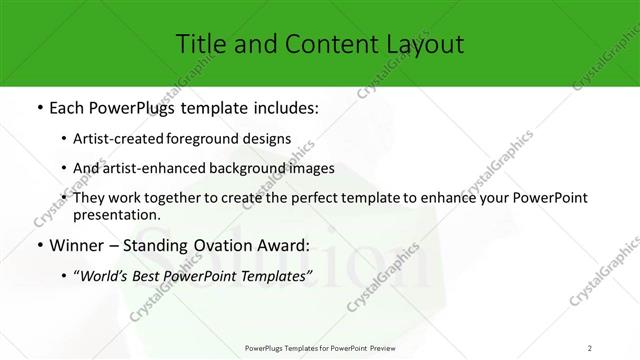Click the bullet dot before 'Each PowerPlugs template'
[39, 108]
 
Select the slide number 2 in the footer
[589, 348]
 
